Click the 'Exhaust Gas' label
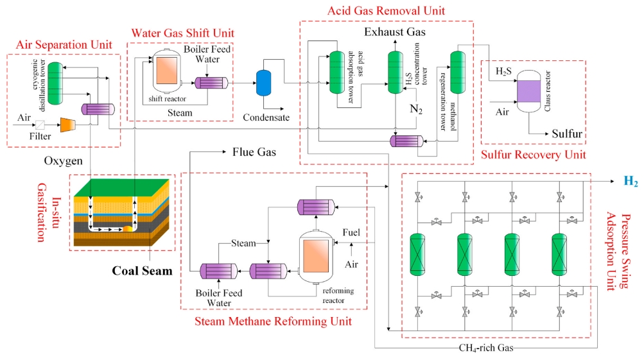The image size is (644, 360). tap(395, 31)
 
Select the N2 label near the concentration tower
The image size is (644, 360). tap(417, 108)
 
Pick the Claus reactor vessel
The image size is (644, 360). tap(531, 90)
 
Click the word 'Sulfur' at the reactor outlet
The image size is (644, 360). tap(567, 133)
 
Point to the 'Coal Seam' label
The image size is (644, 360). tap(142, 270)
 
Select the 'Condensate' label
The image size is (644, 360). tap(266, 117)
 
